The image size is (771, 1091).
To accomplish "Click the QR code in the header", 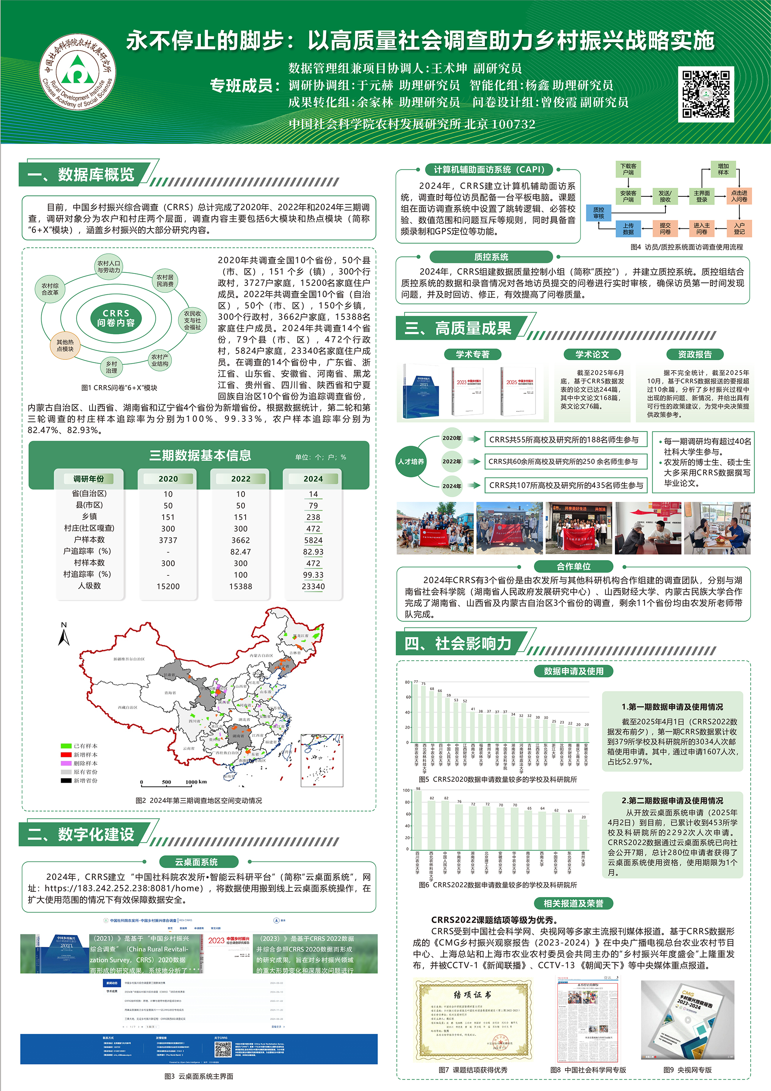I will (x=706, y=94).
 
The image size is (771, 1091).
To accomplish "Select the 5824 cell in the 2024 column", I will (x=313, y=540).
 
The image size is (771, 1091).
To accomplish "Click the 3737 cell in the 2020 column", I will (x=168, y=540).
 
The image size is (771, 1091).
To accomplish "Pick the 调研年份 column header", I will (x=88, y=479).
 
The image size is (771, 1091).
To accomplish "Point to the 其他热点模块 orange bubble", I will (x=65, y=345).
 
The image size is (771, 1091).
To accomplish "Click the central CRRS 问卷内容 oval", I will (x=116, y=318).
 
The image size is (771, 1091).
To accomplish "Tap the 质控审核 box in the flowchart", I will (x=598, y=212).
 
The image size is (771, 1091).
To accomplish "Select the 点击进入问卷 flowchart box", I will (x=739, y=196).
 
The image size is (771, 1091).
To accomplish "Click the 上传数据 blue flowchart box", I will (x=628, y=228).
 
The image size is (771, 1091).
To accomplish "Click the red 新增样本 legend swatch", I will (x=66, y=755).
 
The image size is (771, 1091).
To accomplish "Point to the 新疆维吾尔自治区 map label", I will (x=129, y=659).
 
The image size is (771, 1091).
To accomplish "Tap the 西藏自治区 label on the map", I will (x=127, y=708).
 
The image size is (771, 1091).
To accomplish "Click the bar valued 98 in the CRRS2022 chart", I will (x=417, y=820).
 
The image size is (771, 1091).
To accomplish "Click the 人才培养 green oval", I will (x=411, y=461).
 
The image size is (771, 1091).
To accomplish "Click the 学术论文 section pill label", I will (x=592, y=354).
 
